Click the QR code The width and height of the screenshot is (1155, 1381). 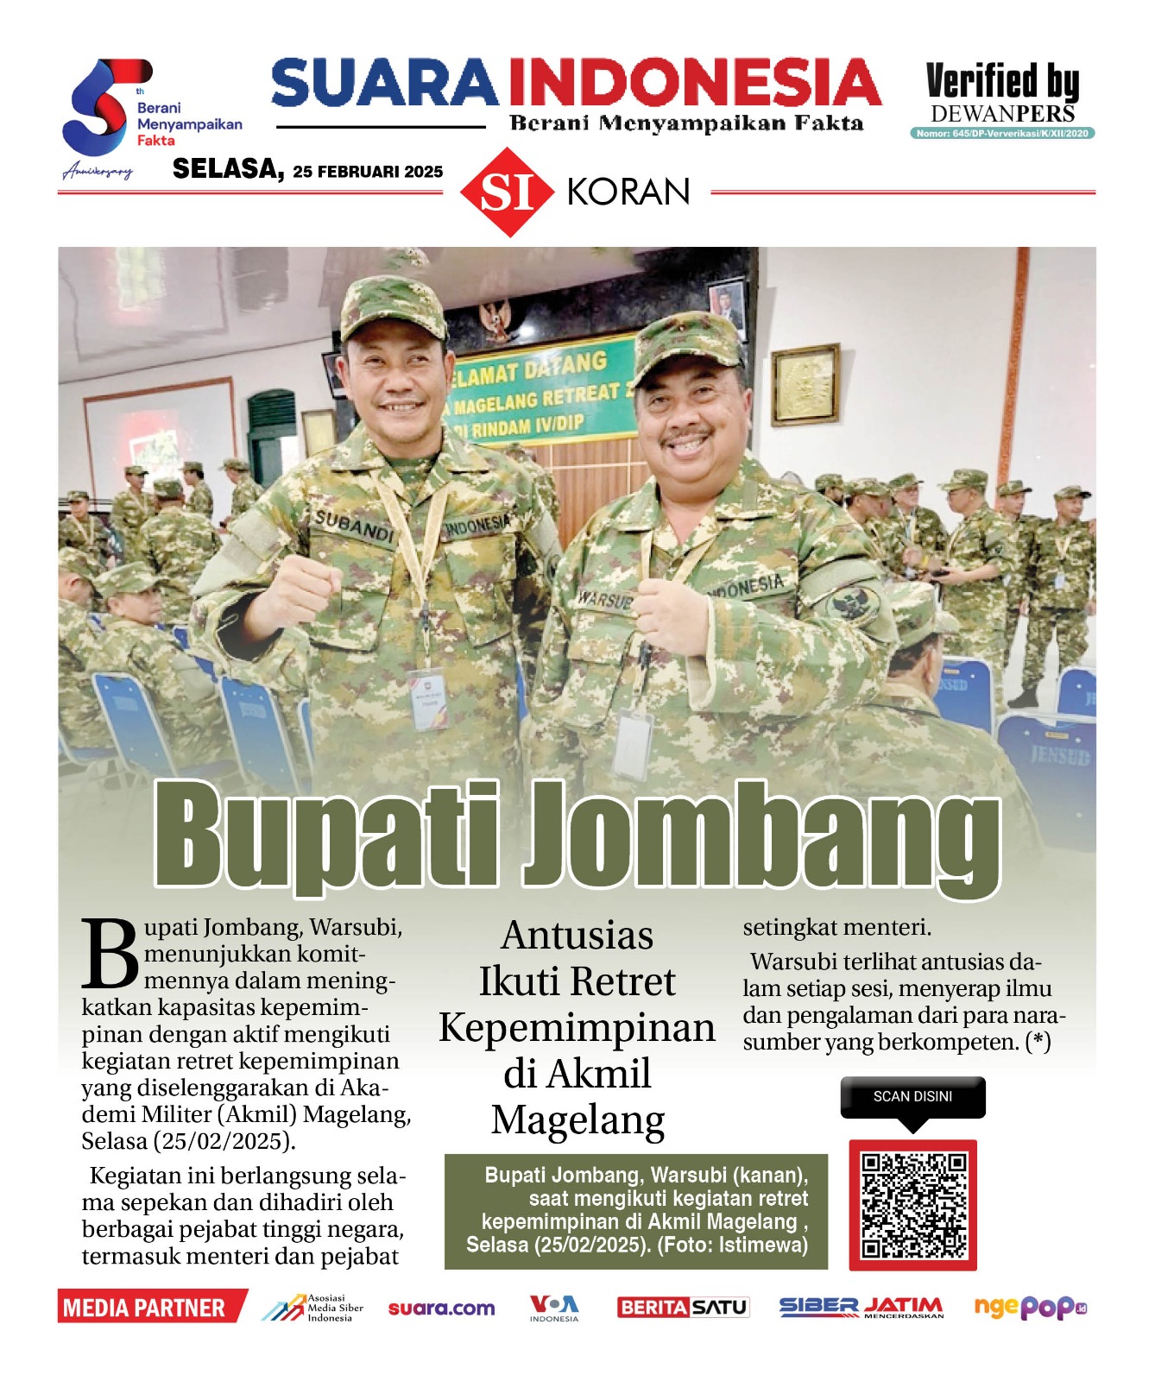pyautogui.click(x=912, y=1205)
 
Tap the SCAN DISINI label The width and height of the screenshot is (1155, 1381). pyautogui.click(x=912, y=1096)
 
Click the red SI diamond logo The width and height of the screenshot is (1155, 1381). pyautogui.click(x=507, y=192)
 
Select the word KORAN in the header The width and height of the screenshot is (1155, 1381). pyautogui.click(x=628, y=192)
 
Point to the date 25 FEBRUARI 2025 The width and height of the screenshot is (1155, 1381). pyautogui.click(x=368, y=172)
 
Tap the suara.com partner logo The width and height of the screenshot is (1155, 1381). pyautogui.click(x=441, y=1308)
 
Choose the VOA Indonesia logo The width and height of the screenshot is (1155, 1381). pyautogui.click(x=554, y=1308)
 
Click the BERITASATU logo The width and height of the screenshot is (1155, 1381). pyautogui.click(x=683, y=1308)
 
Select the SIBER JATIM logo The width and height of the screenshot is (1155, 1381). pyautogui.click(x=861, y=1308)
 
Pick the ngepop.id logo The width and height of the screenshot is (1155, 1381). pyautogui.click(x=1030, y=1308)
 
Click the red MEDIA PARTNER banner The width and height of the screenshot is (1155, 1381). pyautogui.click(x=150, y=1308)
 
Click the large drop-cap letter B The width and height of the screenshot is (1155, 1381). pyautogui.click(x=110, y=954)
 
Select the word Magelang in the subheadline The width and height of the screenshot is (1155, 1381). pyautogui.click(x=577, y=1119)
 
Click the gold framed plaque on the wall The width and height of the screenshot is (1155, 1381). pyautogui.click(x=805, y=384)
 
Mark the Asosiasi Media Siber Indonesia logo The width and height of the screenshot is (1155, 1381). pyautogui.click(x=312, y=1308)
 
